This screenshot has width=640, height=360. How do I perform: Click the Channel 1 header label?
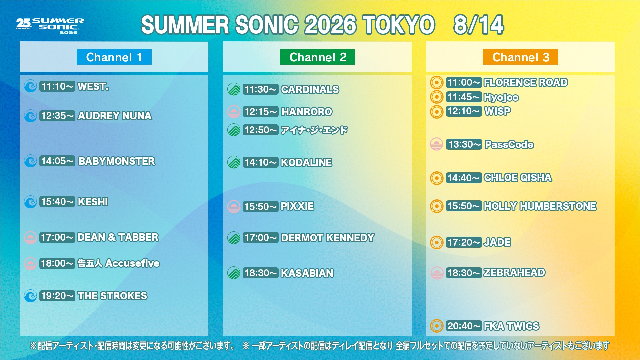pyautogui.click(x=114, y=57)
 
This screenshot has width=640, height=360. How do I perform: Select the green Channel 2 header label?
pyautogui.click(x=317, y=57)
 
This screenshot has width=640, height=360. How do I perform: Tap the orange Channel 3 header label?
pyautogui.click(x=520, y=57)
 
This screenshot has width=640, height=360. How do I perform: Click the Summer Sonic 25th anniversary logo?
pyautogui.click(x=50, y=26)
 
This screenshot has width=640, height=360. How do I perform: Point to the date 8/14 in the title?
pyautogui.click(x=478, y=25)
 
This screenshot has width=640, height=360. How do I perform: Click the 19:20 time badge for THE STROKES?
pyautogui.click(x=57, y=296)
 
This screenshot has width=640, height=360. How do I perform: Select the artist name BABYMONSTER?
pyautogui.click(x=117, y=161)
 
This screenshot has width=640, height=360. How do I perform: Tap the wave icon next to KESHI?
pyautogui.click(x=30, y=202)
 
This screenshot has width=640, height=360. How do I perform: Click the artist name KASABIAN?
pyautogui.click(x=307, y=273)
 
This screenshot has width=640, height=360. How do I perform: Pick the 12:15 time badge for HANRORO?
pyautogui.click(x=261, y=112)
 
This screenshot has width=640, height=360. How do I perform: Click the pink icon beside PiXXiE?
pyautogui.click(x=234, y=206)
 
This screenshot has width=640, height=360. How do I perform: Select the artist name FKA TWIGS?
pyautogui.click(x=511, y=326)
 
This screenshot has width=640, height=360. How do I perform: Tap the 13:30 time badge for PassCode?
pyautogui.click(x=464, y=144)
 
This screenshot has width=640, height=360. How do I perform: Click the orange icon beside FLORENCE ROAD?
pyautogui.click(x=436, y=82)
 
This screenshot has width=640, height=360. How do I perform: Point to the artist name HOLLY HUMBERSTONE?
pyautogui.click(x=540, y=206)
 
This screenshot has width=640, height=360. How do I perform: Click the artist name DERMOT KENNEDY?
pyautogui.click(x=328, y=238)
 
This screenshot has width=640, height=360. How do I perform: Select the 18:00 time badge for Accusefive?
pyautogui.click(x=57, y=263)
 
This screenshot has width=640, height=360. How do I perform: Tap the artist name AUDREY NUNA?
pyautogui.click(x=115, y=116)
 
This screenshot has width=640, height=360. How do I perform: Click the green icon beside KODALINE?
pyautogui.click(x=234, y=162)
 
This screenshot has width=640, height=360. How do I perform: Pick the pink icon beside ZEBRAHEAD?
pyautogui.click(x=436, y=273)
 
